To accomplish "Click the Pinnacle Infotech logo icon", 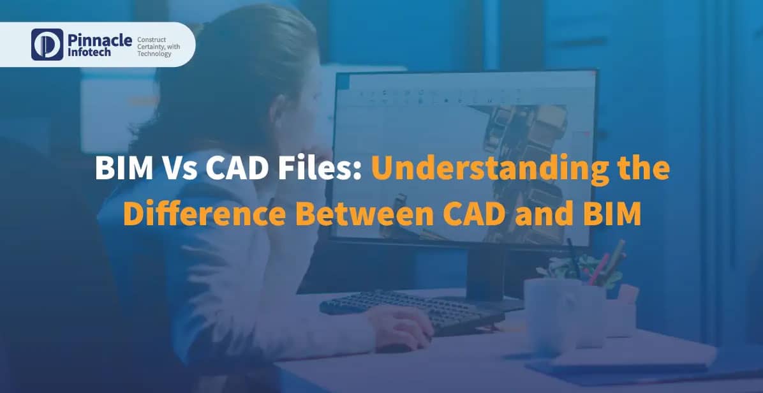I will tap(47, 44).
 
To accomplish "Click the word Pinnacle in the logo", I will tap(98, 40).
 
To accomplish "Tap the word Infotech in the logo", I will tap(89, 52).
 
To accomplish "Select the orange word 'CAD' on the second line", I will tap(461, 214).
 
